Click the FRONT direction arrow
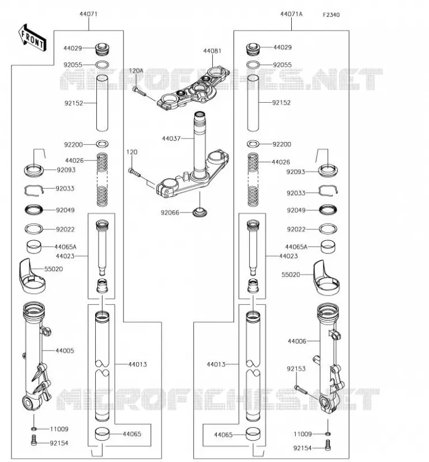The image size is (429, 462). [x=32, y=38]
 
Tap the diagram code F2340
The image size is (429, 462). [x=331, y=15]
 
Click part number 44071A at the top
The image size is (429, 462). [x=291, y=14]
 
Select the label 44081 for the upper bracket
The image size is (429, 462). [x=212, y=51]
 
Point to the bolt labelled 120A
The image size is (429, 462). [x=139, y=91]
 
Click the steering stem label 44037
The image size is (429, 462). [x=171, y=138]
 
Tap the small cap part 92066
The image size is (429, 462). [x=200, y=212]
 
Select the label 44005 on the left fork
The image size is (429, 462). [x=65, y=351]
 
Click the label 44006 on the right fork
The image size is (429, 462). [x=297, y=341]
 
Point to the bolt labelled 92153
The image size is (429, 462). [x=301, y=389]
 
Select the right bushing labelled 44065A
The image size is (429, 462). [x=328, y=247]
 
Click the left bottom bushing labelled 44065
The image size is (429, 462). [x=102, y=434]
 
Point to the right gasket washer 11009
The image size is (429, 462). [x=328, y=434]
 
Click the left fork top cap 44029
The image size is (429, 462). [x=103, y=49]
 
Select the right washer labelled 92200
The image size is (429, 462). [x=253, y=144]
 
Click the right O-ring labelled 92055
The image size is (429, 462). [x=253, y=65]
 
